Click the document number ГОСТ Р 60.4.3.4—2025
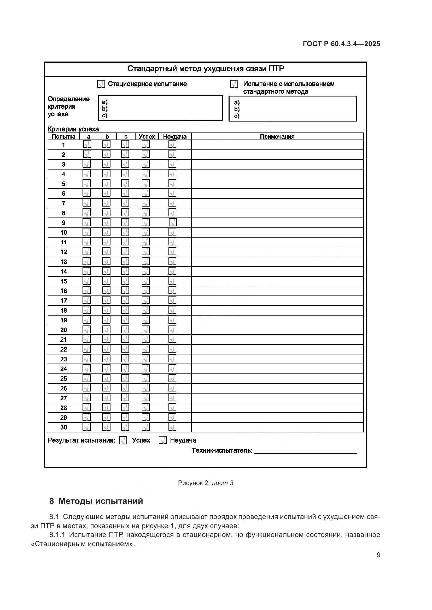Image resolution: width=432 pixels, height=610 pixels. click(341, 44)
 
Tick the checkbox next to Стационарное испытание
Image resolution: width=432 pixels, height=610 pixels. click(101, 84)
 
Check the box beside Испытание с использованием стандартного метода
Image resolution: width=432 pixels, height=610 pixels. click(234, 84)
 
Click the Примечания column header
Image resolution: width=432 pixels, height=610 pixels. click(277, 137)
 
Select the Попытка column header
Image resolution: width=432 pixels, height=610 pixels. click(63, 137)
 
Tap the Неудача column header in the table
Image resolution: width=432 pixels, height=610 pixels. click(175, 137)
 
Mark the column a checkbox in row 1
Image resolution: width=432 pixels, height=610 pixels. click(87, 144)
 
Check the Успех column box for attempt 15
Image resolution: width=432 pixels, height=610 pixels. click(146, 281)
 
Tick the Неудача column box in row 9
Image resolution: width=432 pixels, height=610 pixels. click(173, 222)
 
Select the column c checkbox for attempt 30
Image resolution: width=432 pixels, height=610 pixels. click(125, 427)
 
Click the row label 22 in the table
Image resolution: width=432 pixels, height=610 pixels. click(63, 349)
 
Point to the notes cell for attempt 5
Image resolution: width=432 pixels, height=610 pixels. click(277, 184)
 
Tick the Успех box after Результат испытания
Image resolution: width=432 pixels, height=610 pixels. click(123, 440)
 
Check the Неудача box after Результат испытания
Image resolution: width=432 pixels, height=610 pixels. click(163, 440)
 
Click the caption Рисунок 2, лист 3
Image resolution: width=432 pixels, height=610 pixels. click(206, 483)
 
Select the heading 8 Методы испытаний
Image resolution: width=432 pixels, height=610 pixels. click(96, 501)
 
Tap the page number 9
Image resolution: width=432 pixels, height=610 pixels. click(378, 555)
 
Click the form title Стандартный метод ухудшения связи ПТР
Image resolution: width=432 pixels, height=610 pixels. click(206, 69)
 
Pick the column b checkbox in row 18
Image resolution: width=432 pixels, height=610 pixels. click(106, 310)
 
